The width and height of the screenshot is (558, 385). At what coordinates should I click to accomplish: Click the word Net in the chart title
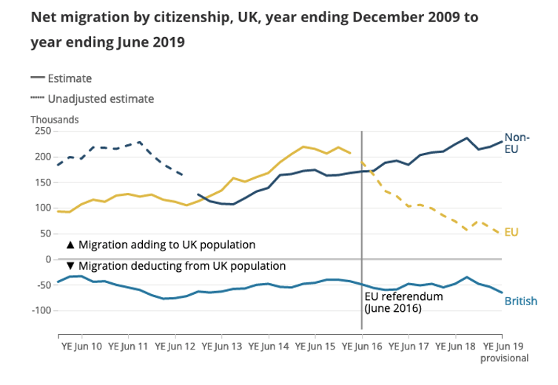(44, 17)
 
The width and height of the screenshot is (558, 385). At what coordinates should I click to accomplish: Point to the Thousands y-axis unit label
(54, 119)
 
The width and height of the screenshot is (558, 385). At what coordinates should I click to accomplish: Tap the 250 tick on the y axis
(41, 131)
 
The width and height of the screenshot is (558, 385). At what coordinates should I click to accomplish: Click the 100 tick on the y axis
(41, 208)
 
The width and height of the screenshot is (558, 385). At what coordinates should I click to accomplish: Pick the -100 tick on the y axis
(39, 310)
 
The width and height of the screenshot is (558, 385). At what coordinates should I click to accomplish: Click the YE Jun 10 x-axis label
(81, 344)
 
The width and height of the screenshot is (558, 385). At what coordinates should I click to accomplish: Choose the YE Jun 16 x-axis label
(362, 344)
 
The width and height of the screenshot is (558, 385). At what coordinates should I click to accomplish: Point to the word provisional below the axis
(505, 358)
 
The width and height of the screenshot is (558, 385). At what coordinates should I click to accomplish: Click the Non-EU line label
(517, 143)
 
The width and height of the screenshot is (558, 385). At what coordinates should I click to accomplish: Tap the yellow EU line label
(511, 232)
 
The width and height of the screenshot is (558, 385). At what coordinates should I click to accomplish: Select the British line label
(521, 301)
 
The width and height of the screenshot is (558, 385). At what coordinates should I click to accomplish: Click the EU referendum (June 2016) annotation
(403, 302)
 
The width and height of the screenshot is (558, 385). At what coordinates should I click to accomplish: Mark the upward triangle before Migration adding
(70, 244)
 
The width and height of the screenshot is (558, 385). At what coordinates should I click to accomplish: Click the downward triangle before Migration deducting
(70, 266)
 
